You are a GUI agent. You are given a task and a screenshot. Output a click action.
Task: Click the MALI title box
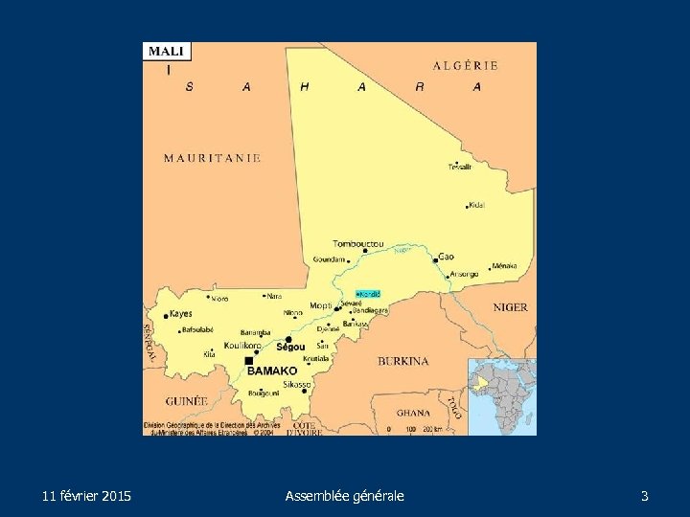pyautogui.click(x=168, y=52)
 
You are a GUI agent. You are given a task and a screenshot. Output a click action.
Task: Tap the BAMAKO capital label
pyautogui.click(x=273, y=371)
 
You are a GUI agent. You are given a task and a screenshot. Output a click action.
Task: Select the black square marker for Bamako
pyautogui.click(x=249, y=360)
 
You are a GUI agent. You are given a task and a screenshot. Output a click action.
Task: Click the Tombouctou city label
pyautogui.click(x=357, y=243)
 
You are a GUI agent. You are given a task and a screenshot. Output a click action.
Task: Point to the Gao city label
pyautogui.click(x=447, y=257)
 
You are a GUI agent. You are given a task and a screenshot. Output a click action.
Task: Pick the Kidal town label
pyautogui.click(x=476, y=206)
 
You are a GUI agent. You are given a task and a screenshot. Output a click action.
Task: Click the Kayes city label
pyautogui.click(x=180, y=314)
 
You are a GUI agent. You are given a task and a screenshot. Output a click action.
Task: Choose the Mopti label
pyautogui.click(x=320, y=306)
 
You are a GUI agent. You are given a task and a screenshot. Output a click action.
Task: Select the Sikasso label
pyautogui.click(x=297, y=384)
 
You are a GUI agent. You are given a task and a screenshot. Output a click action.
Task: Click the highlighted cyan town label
pyautogui.click(x=368, y=293)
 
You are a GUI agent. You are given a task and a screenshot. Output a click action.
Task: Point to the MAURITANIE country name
pyautogui.click(x=212, y=158)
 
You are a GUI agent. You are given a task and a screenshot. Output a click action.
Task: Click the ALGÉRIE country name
pyautogui.click(x=466, y=66)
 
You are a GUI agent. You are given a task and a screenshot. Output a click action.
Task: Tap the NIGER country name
pyautogui.click(x=510, y=307)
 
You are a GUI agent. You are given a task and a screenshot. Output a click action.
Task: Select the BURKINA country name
pyautogui.click(x=402, y=361)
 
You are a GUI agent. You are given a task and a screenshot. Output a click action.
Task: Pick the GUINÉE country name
pyautogui.click(x=186, y=401)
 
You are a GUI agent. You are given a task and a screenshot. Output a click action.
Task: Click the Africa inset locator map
pyautogui.click(x=501, y=395)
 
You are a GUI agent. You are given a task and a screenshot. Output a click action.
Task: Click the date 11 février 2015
pyautogui.click(x=87, y=496)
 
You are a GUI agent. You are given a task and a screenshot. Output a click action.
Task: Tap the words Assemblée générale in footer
pyautogui.click(x=345, y=496)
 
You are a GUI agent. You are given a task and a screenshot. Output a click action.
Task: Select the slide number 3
pyautogui.click(x=644, y=496)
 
